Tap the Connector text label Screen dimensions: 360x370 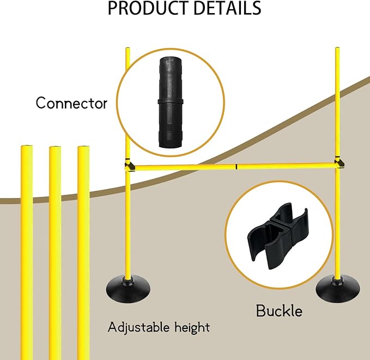pyautogui.click(x=71, y=103)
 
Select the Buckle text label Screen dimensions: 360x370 pyautogui.click(x=279, y=311)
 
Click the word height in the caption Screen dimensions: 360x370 pyautogui.click(x=189, y=328)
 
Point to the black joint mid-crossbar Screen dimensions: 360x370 pyautogui.click(x=237, y=166)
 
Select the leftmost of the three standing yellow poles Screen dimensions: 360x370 pyautogui.click(x=26, y=251)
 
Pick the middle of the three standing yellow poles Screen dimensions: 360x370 pyautogui.click(x=55, y=251)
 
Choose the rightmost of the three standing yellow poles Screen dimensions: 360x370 pyautogui.click(x=83, y=251)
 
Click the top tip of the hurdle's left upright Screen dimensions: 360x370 pyautogui.click(x=128, y=50)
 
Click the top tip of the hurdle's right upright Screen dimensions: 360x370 pyautogui.click(x=336, y=50)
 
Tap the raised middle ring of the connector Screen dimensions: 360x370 pyautogui.click(x=171, y=101)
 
